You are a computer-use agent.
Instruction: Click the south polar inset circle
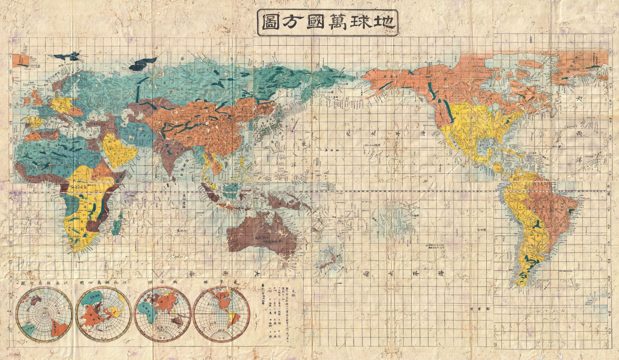click(x=44, y=314)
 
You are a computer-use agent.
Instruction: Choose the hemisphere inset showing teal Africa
click(x=162, y=314)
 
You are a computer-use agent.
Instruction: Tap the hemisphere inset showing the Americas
click(x=222, y=314)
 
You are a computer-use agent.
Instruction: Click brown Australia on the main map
click(x=263, y=234)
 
